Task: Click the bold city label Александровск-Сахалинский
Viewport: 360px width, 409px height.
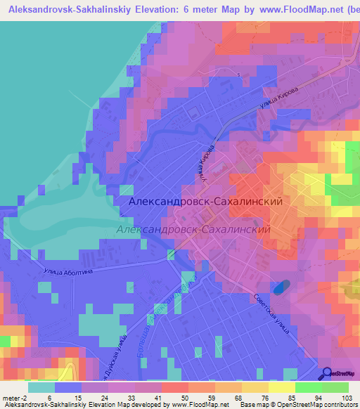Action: (206, 201)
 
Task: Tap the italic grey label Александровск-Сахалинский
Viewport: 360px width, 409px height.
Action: (195, 229)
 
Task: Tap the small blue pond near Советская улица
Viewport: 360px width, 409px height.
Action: (280, 287)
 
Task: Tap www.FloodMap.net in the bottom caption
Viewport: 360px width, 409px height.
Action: (200, 405)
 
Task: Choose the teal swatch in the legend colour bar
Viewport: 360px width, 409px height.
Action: (41, 387)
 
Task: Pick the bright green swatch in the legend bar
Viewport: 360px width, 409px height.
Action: (309, 387)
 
